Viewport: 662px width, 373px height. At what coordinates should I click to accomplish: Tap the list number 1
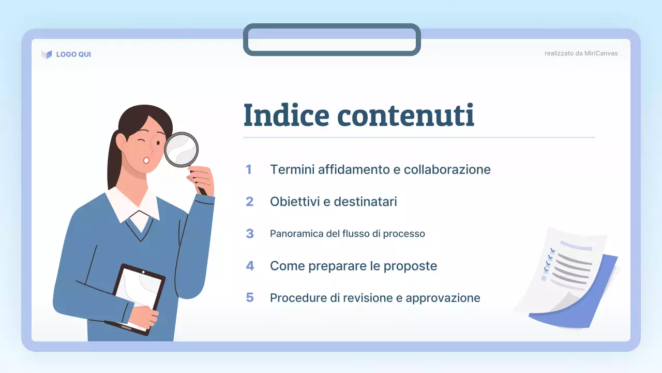click(249, 169)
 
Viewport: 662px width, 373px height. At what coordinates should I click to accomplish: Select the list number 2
click(249, 202)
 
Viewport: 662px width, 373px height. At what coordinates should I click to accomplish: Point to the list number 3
click(250, 234)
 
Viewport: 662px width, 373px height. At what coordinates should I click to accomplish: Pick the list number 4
click(250, 266)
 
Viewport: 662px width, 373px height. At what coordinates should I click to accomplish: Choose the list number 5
click(250, 298)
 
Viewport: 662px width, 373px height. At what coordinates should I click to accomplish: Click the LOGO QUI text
click(73, 54)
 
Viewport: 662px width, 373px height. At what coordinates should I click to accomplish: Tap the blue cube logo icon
click(47, 54)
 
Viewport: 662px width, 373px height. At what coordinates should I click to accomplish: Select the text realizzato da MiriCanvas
click(581, 53)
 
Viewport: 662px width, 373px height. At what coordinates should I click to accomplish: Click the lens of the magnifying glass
click(182, 149)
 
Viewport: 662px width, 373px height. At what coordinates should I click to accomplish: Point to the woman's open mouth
click(146, 160)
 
